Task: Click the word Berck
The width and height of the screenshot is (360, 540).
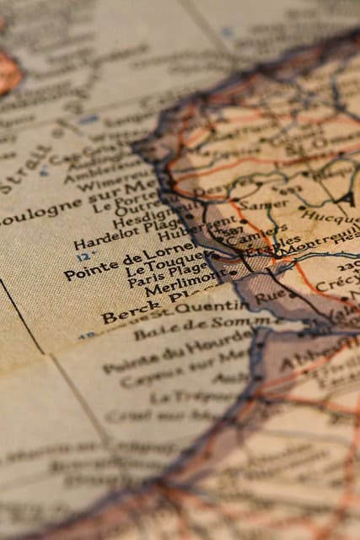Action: click(x=121, y=315)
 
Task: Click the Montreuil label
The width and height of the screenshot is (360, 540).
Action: click(x=316, y=242)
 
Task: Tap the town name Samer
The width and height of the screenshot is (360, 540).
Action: click(x=251, y=204)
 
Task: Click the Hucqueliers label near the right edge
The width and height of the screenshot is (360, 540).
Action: click(x=330, y=217)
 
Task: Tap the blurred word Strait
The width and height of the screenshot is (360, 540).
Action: click(x=26, y=170)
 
